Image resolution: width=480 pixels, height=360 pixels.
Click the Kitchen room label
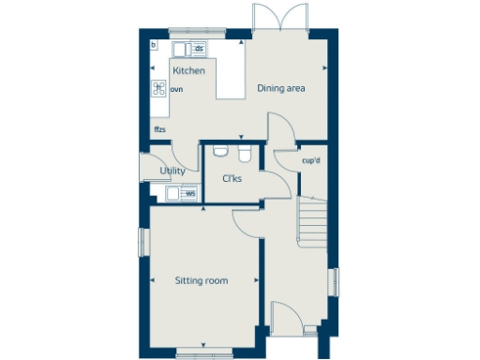(187, 70)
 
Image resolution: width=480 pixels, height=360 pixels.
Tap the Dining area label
(282, 89)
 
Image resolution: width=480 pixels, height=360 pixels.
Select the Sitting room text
(202, 279)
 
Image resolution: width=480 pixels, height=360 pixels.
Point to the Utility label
(172, 171)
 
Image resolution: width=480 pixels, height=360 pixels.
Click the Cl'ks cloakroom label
(232, 179)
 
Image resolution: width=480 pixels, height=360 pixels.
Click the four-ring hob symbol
(158, 89)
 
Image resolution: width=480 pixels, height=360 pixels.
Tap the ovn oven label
(176, 90)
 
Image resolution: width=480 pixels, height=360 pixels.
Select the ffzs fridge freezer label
(160, 129)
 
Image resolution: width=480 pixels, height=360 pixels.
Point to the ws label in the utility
(190, 194)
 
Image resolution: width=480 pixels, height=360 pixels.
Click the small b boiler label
(154, 45)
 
